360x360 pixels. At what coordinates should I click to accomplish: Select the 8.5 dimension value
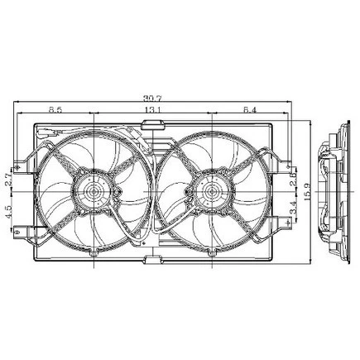click(x=56, y=109)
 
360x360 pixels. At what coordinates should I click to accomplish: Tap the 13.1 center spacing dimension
click(x=152, y=109)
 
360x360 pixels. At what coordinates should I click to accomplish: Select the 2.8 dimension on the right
click(x=295, y=178)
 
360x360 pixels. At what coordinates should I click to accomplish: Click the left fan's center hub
click(x=93, y=194)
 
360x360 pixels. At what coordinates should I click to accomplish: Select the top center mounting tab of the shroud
click(x=152, y=124)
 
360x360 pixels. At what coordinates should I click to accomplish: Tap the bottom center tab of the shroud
click(x=152, y=261)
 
